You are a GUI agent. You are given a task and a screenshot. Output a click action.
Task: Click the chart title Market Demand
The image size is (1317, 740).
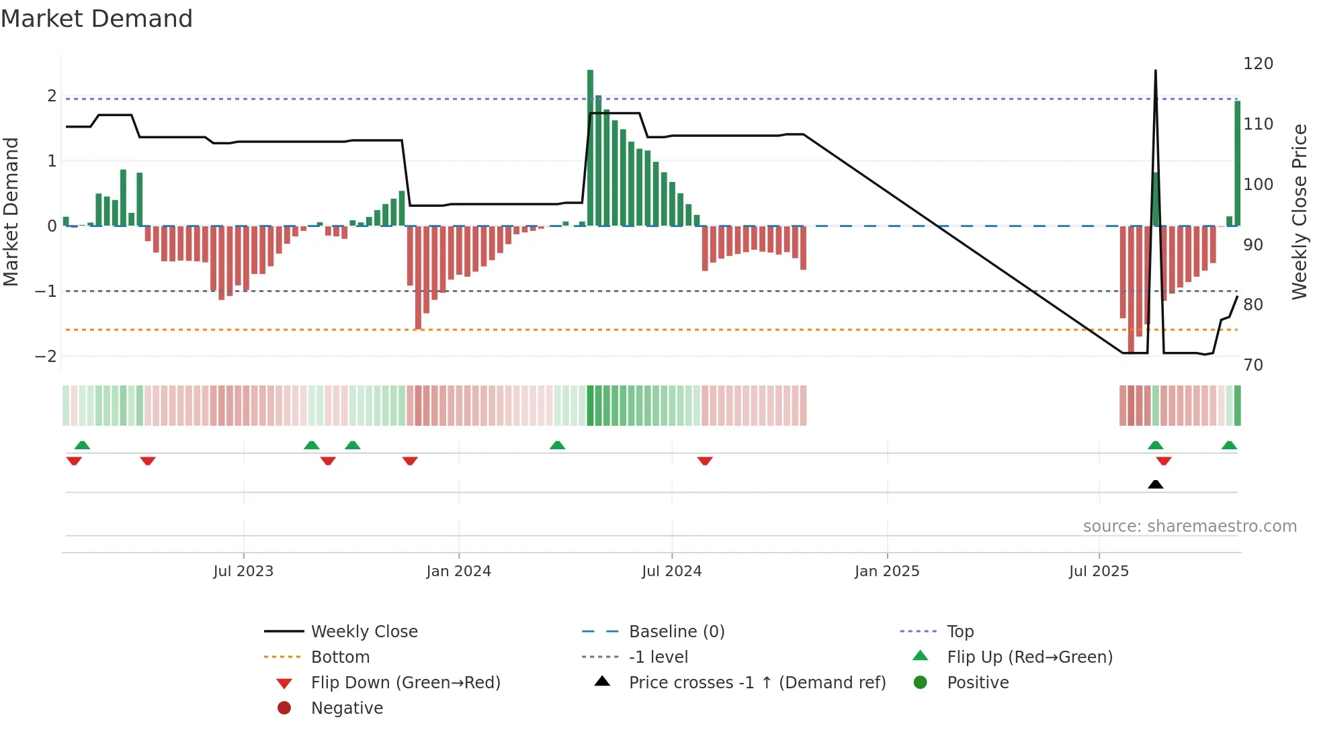tap(97, 19)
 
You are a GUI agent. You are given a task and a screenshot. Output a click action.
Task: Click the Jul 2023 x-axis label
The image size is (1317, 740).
tap(243, 571)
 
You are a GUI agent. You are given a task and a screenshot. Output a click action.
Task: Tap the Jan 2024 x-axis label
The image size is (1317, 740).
tap(458, 571)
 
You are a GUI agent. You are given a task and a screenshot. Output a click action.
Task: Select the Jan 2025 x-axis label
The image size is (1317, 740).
tap(887, 571)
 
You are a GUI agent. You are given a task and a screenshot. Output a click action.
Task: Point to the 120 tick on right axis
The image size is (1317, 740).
tap(1258, 64)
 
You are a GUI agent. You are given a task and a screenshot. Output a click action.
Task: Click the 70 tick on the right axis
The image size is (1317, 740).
tap(1253, 365)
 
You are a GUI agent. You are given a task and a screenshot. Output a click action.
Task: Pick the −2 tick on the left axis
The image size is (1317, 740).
tap(46, 357)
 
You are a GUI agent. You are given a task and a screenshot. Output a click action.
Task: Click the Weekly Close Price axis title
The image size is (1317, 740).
tap(1300, 212)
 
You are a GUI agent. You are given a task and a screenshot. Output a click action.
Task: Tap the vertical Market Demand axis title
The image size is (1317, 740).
tap(11, 212)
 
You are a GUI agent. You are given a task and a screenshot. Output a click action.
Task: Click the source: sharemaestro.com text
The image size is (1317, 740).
tap(1189, 526)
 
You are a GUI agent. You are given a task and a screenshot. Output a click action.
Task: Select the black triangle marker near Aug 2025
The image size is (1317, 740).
tap(1155, 484)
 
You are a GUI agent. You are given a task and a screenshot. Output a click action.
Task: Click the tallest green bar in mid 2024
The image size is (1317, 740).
tap(590, 148)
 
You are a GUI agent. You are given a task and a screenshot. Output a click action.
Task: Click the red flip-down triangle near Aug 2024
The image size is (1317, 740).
tap(705, 461)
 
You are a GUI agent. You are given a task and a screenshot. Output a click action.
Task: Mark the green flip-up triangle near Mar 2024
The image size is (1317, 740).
tap(557, 445)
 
